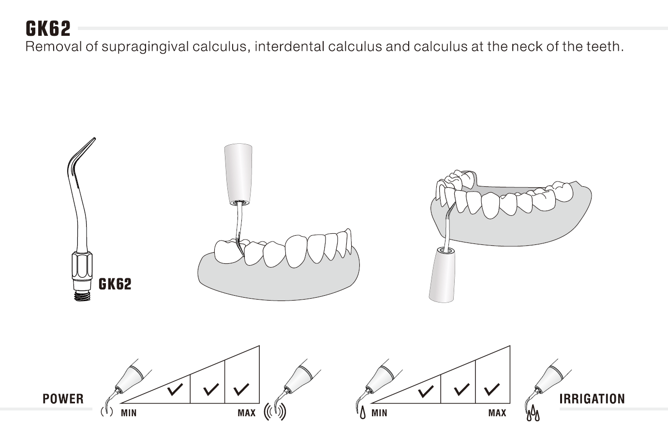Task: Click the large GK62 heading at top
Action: (x=48, y=29)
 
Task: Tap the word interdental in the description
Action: (x=289, y=46)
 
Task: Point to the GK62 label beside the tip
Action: (x=115, y=284)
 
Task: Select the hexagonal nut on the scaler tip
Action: (x=82, y=265)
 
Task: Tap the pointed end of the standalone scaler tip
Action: (x=95, y=138)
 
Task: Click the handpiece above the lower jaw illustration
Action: (x=238, y=175)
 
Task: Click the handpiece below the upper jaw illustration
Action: (x=442, y=274)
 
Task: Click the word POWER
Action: (x=63, y=399)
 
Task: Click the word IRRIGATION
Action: (x=592, y=399)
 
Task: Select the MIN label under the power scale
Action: (x=129, y=413)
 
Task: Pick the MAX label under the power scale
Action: (x=247, y=413)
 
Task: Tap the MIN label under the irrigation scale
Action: (x=379, y=413)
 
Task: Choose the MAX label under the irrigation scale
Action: (x=497, y=413)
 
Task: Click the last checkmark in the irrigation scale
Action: (x=492, y=389)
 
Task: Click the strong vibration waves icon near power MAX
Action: (x=275, y=412)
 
